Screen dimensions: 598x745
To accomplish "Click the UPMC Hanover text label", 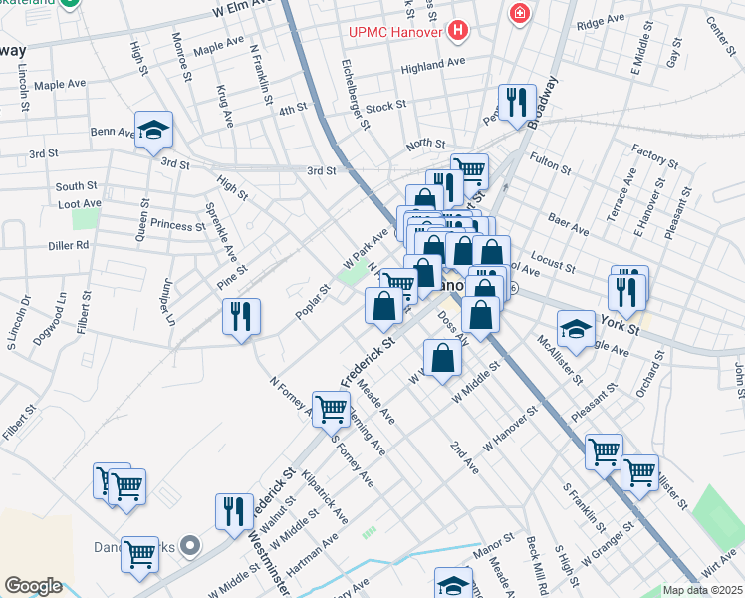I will [x=394, y=32].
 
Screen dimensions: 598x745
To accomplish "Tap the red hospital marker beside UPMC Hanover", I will [x=457, y=32].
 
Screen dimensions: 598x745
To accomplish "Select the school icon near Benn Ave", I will [x=153, y=131].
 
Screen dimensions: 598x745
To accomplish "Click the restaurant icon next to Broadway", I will [x=517, y=102].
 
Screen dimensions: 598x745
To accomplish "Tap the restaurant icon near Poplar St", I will [x=241, y=317].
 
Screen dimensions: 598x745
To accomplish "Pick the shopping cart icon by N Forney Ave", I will [x=331, y=407].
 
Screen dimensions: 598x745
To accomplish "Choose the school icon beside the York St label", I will [x=576, y=329].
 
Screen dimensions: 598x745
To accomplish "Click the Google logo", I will [x=33, y=585].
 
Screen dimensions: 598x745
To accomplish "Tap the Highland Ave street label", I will [x=433, y=62].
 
